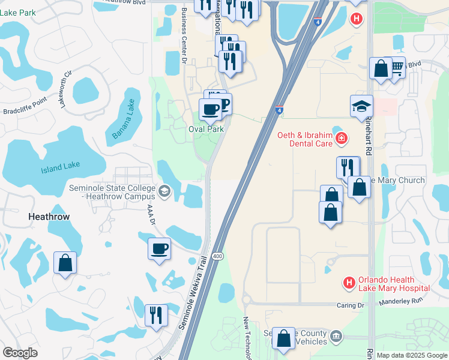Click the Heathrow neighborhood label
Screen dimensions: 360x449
point(49,216)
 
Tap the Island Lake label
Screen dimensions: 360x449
point(60,167)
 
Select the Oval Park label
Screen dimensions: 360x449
point(206,129)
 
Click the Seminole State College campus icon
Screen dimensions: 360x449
point(164,191)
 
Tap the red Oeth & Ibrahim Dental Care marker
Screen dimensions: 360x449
point(341,139)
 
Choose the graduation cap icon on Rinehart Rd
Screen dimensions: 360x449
point(361,105)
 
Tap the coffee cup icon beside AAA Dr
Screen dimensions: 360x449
point(160,248)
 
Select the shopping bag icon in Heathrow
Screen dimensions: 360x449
point(65,263)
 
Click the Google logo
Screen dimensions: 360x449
point(20,353)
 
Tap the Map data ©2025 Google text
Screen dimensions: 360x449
point(412,355)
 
